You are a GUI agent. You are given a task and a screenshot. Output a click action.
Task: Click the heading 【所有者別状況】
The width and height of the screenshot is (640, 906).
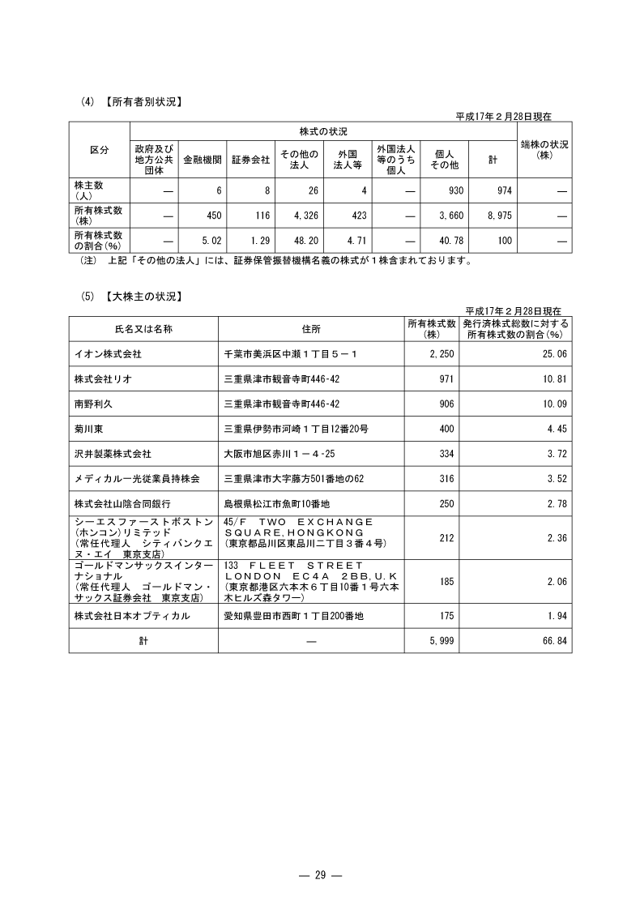[x=142, y=102]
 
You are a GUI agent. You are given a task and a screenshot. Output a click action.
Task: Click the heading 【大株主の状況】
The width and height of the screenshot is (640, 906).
[x=142, y=297]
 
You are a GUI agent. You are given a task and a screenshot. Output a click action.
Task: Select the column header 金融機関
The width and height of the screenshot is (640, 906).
[x=203, y=160]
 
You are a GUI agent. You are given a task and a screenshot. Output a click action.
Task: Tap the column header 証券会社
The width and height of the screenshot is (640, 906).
[x=250, y=160]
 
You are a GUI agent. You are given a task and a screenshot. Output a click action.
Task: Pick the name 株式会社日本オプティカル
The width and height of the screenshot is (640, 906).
[x=131, y=617]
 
